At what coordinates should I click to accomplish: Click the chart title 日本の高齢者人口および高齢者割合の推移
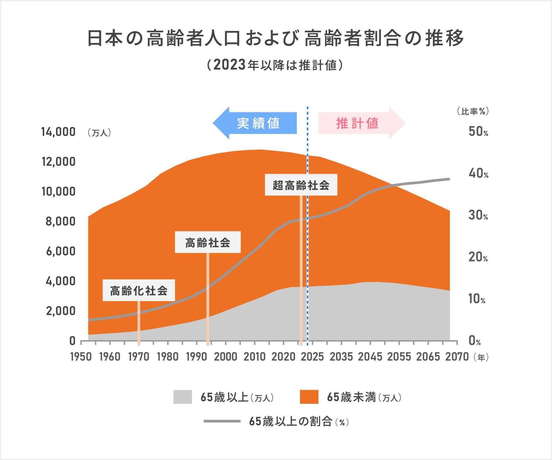(x=275, y=38)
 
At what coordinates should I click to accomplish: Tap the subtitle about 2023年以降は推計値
(x=275, y=65)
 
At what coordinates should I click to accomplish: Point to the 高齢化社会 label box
(x=139, y=290)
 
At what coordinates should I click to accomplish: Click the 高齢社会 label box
(x=208, y=242)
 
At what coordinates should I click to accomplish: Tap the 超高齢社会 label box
(x=301, y=185)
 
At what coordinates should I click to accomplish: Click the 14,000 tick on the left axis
(x=58, y=132)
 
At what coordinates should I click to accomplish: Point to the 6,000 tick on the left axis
(x=61, y=251)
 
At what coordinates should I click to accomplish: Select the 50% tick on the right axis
(x=478, y=132)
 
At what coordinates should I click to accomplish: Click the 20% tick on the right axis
(x=478, y=257)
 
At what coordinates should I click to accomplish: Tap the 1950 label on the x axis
(x=81, y=357)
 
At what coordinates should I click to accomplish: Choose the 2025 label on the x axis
(x=312, y=357)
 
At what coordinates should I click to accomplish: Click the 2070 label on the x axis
(x=457, y=357)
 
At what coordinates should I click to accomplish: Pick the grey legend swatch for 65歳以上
(x=183, y=397)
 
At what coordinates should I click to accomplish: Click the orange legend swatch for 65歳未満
(x=309, y=397)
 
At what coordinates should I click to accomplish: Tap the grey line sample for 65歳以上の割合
(x=222, y=421)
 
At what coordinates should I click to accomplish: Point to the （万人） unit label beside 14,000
(x=99, y=133)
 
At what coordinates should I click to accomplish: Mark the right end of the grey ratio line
(x=449, y=179)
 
